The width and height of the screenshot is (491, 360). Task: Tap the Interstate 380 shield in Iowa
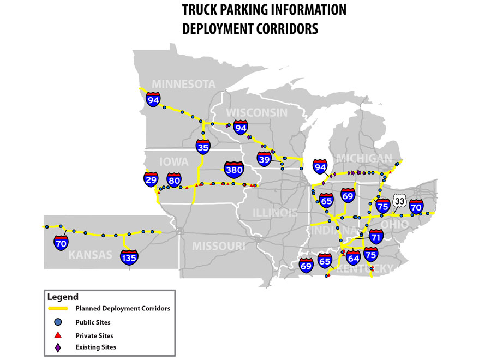[x=234, y=170]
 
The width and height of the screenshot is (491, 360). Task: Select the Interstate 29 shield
[x=151, y=179]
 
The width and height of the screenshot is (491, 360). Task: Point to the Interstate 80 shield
[x=174, y=179]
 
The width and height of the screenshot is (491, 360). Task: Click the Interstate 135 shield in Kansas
[x=129, y=256]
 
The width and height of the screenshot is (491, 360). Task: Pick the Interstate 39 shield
[x=264, y=159]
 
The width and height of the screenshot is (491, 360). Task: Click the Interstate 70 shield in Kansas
[x=61, y=243]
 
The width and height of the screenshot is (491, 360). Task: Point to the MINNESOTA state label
[x=184, y=84]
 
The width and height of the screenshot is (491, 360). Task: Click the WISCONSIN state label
[x=256, y=112]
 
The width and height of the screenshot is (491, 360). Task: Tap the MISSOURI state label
[x=218, y=246]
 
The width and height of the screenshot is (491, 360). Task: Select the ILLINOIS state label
[x=276, y=212]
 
